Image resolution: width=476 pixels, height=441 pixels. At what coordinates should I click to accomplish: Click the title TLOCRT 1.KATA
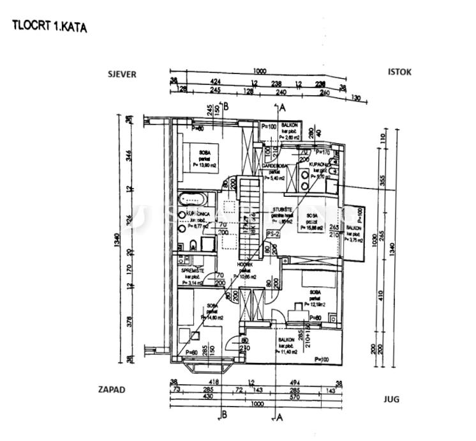pyautogui.click(x=49, y=27)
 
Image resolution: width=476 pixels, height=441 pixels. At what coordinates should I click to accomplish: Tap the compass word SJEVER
pyautogui.click(x=122, y=74)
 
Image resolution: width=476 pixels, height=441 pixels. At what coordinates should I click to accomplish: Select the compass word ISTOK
pyautogui.click(x=399, y=72)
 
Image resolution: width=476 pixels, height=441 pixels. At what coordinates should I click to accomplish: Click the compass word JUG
pyautogui.click(x=390, y=399)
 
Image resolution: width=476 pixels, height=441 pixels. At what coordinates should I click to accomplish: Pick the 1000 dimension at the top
pyautogui.click(x=258, y=72)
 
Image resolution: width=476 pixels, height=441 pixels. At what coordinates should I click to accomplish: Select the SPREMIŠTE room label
pyautogui.click(x=192, y=270)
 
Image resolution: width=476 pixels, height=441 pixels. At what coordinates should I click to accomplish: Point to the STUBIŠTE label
pyautogui.click(x=283, y=210)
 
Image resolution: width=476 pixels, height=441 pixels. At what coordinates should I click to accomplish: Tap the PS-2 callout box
pyautogui.click(x=274, y=234)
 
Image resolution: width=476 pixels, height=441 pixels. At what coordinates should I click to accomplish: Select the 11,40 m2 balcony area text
pyautogui.click(x=286, y=352)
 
